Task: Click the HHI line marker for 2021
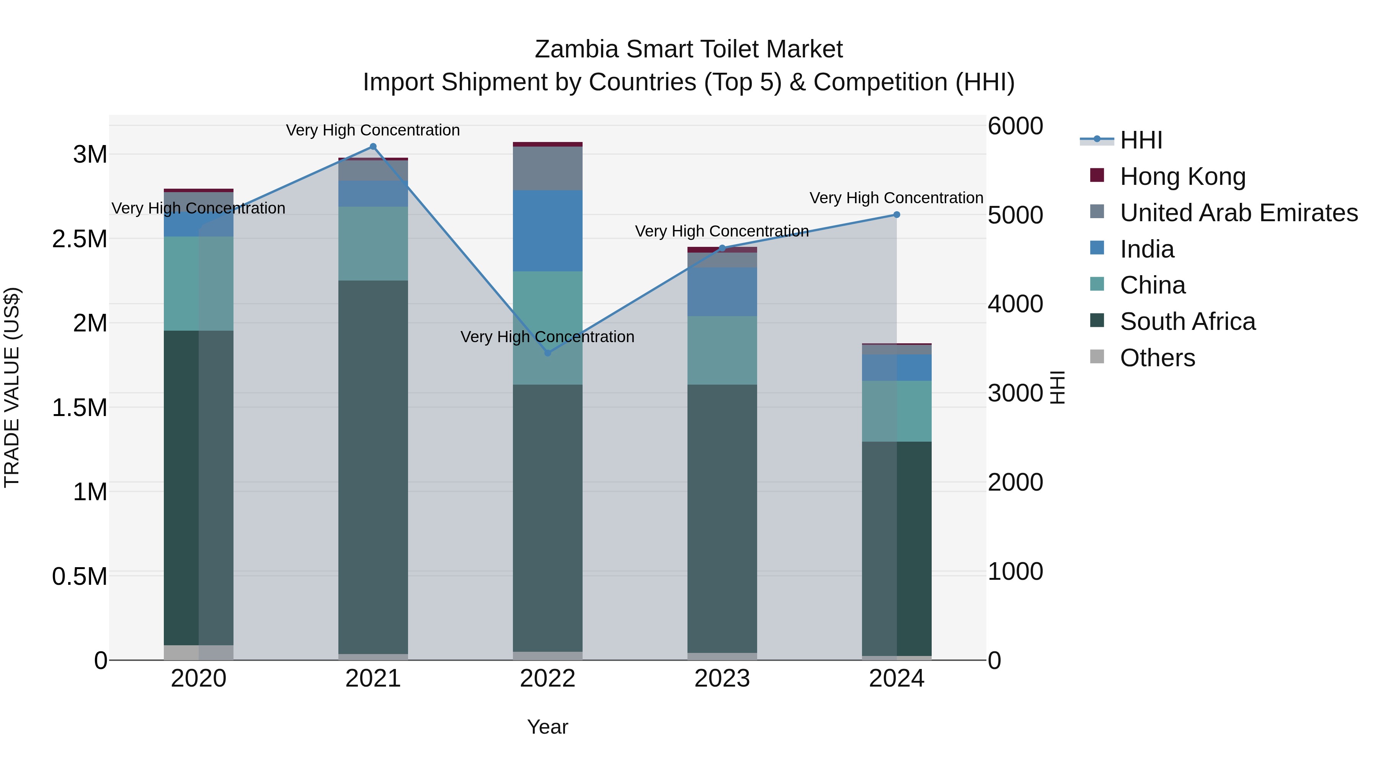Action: (x=373, y=147)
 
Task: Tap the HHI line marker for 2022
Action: (x=547, y=353)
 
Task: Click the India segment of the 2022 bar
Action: (x=547, y=230)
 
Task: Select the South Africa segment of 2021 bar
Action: (x=373, y=467)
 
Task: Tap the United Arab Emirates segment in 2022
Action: (x=547, y=168)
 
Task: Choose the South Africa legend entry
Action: (x=1187, y=321)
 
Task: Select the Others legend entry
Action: (x=1157, y=358)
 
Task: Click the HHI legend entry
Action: (x=1141, y=140)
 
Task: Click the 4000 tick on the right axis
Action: (x=1015, y=304)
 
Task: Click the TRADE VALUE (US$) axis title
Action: (x=12, y=387)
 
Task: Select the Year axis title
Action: (x=547, y=727)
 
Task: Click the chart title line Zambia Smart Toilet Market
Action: (x=689, y=49)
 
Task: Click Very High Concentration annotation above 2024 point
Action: (x=896, y=198)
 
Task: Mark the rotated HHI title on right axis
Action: (x=1058, y=387)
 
